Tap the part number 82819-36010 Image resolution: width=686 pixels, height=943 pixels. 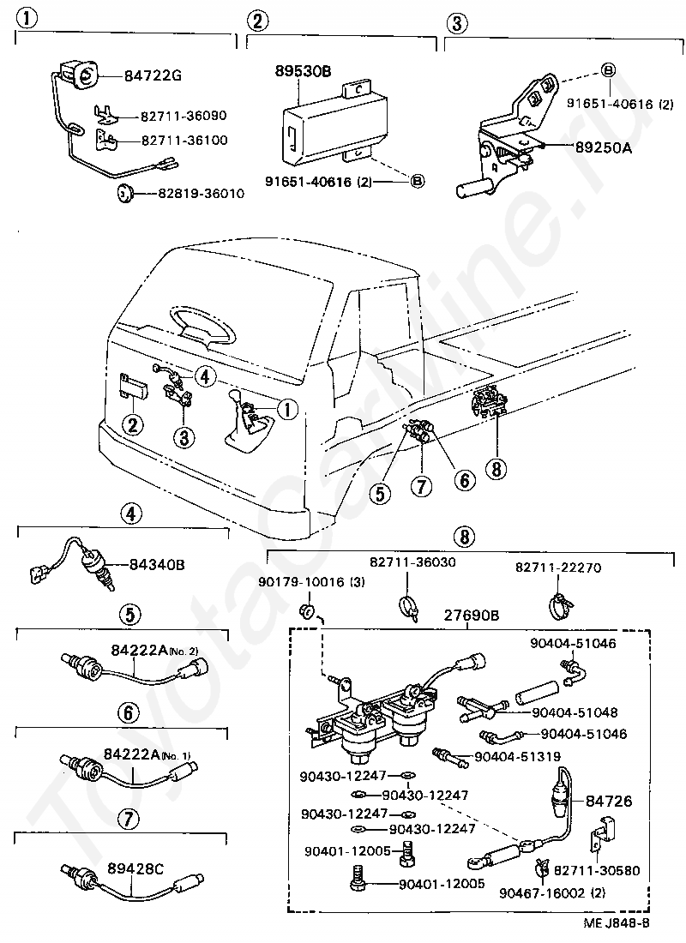pyautogui.click(x=201, y=194)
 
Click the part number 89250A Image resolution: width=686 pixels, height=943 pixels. pyautogui.click(x=603, y=147)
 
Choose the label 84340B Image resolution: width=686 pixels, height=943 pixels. pyautogui.click(x=158, y=565)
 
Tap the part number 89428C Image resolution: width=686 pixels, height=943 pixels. pyautogui.click(x=135, y=868)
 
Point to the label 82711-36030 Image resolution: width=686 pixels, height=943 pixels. pyautogui.click(x=413, y=562)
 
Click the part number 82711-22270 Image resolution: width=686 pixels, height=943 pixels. pyautogui.click(x=559, y=568)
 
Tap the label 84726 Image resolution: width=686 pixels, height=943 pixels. pyautogui.click(x=609, y=802)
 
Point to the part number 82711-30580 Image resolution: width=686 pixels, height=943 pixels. pyautogui.click(x=597, y=869)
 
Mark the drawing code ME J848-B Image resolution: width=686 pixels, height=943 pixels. pyautogui.click(x=616, y=922)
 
